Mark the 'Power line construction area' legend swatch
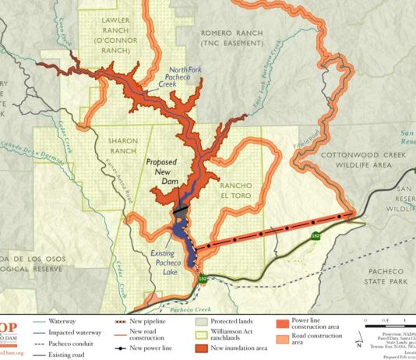(x=283, y=322)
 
